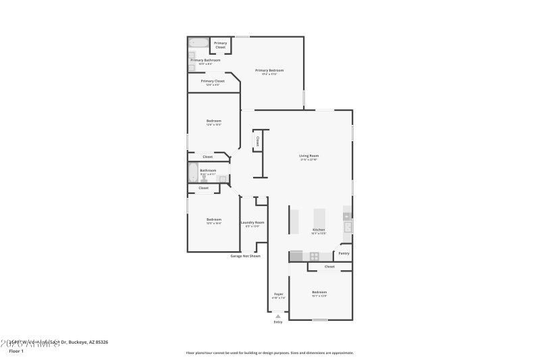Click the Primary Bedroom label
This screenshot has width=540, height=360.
269,70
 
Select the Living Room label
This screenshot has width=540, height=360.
308,157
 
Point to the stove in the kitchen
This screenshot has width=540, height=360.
314,256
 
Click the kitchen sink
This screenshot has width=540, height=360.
348,227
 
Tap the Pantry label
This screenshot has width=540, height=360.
344,253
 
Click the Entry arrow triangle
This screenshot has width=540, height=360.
278,315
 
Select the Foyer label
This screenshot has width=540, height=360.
278,294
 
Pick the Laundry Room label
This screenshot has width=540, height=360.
252,222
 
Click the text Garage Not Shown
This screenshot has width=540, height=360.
245,256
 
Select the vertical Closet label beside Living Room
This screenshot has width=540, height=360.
257,141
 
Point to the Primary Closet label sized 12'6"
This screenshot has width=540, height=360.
212,81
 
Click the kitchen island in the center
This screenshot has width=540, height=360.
319,220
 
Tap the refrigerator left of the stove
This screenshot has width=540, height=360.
296,256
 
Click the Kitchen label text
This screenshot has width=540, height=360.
319,230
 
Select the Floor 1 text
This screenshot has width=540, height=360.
16,351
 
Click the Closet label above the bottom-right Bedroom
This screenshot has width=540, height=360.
329,267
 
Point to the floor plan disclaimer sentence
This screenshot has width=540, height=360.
269,353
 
